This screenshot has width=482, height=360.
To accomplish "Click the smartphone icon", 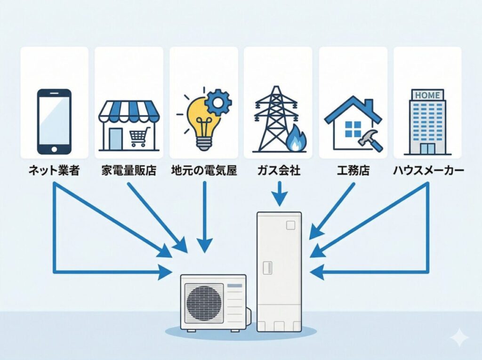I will click(54, 121).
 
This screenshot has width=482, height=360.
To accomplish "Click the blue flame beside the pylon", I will click(297, 138).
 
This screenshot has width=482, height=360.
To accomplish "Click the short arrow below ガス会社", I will click(279, 194).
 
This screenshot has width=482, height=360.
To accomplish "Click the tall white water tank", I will click(279, 271).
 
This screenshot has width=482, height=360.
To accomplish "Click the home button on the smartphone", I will click(54, 148).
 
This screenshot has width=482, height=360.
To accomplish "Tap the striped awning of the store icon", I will click(129, 112).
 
